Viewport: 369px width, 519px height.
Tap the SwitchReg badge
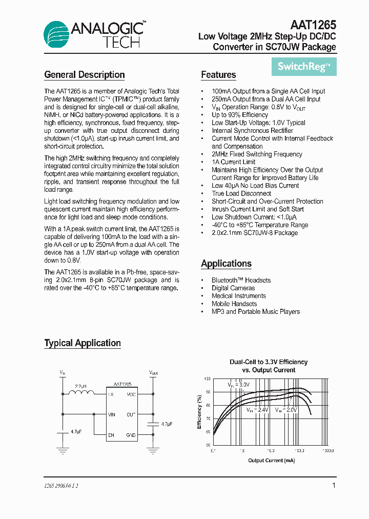(304, 66)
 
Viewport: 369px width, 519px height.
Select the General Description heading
(85, 75)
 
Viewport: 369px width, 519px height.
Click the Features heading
(218, 75)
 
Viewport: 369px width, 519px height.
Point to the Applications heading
(226, 264)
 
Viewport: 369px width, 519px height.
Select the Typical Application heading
(83, 343)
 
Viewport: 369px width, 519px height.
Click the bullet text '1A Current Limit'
(233, 162)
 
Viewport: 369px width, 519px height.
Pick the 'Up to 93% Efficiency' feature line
(239, 115)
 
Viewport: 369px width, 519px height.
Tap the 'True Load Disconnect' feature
(241, 193)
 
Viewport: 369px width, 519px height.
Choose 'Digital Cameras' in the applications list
(233, 288)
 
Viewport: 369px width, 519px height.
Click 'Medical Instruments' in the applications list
(238, 296)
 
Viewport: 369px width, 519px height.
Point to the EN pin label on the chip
(111, 435)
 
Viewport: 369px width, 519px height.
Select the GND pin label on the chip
(131, 435)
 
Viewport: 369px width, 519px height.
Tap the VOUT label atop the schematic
(153, 372)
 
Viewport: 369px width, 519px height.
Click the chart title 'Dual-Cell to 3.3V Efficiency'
(268, 362)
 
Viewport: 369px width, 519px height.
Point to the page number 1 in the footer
(334, 485)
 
